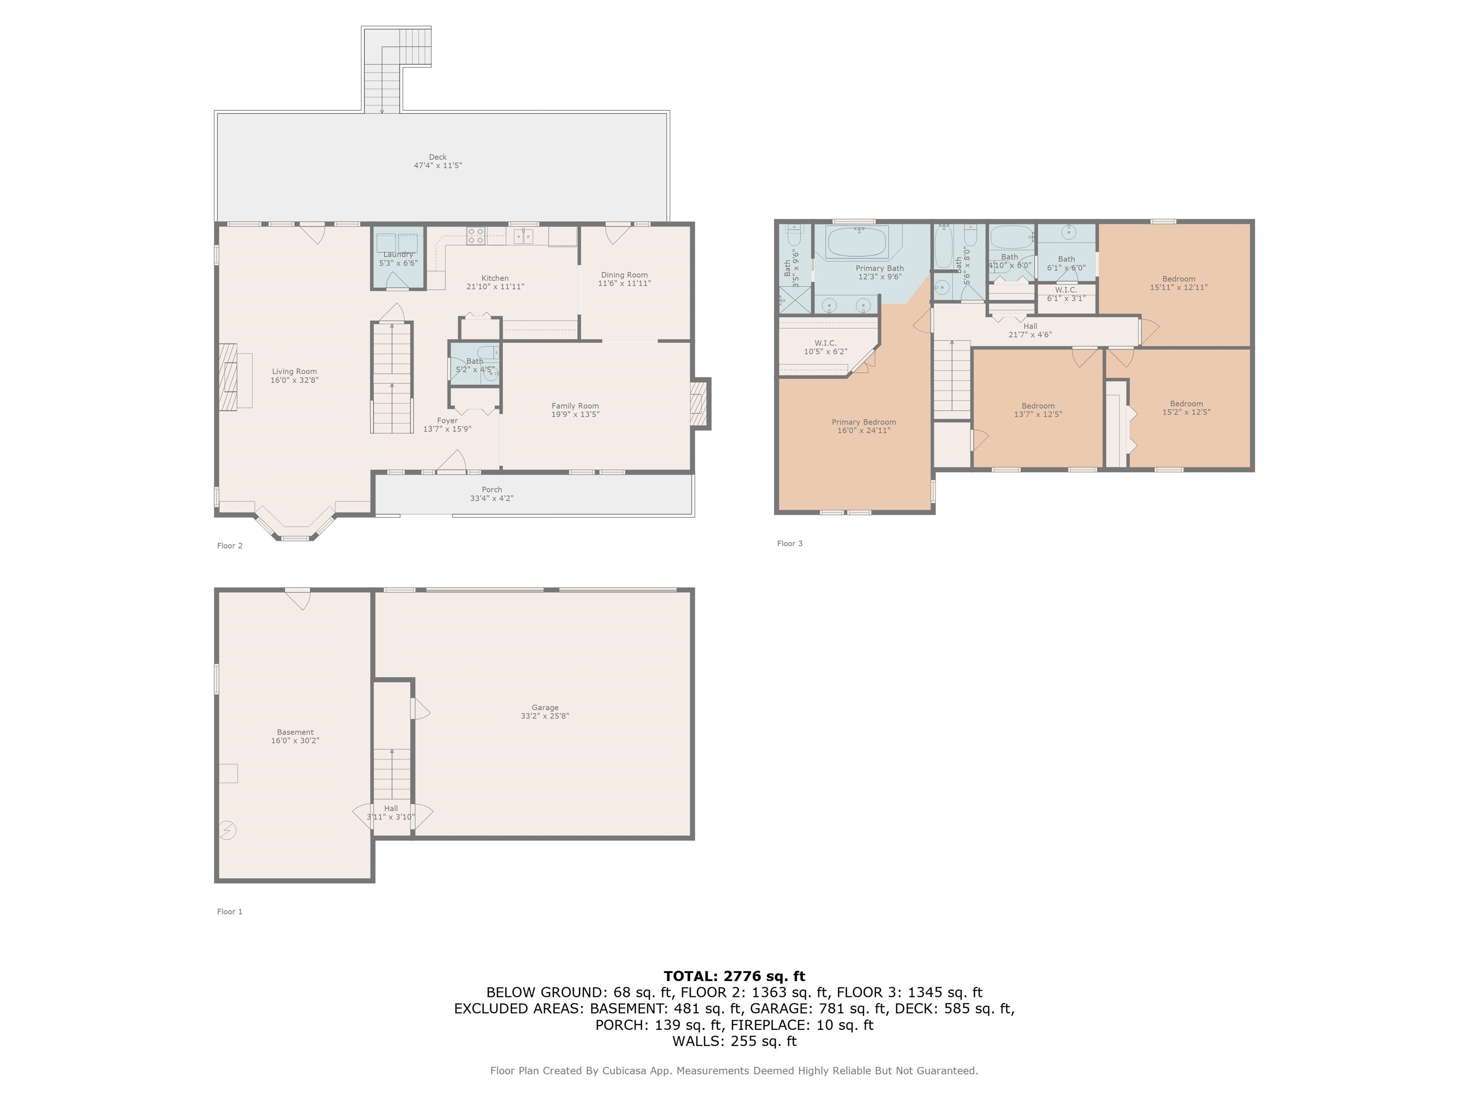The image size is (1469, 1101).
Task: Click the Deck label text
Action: click(438, 157)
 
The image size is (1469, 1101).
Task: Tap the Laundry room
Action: click(398, 258)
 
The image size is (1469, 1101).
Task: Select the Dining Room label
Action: click(624, 275)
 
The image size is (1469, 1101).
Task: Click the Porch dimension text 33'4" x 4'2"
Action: click(492, 498)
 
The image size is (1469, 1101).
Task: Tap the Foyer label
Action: click(447, 421)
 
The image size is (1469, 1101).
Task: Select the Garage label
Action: click(545, 707)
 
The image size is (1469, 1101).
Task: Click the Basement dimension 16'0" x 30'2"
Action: click(295, 741)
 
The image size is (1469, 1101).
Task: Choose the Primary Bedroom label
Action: click(863, 422)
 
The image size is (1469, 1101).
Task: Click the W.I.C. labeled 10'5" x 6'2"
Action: click(825, 347)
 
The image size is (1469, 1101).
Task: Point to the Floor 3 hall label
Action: click(1030, 326)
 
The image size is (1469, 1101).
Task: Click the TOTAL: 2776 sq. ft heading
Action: click(734, 976)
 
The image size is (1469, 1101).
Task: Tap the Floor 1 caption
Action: click(230, 912)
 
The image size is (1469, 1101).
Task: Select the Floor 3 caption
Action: click(789, 543)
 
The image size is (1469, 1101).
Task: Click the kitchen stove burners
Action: click(475, 236)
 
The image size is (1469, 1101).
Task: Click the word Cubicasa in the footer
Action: click(625, 1070)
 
